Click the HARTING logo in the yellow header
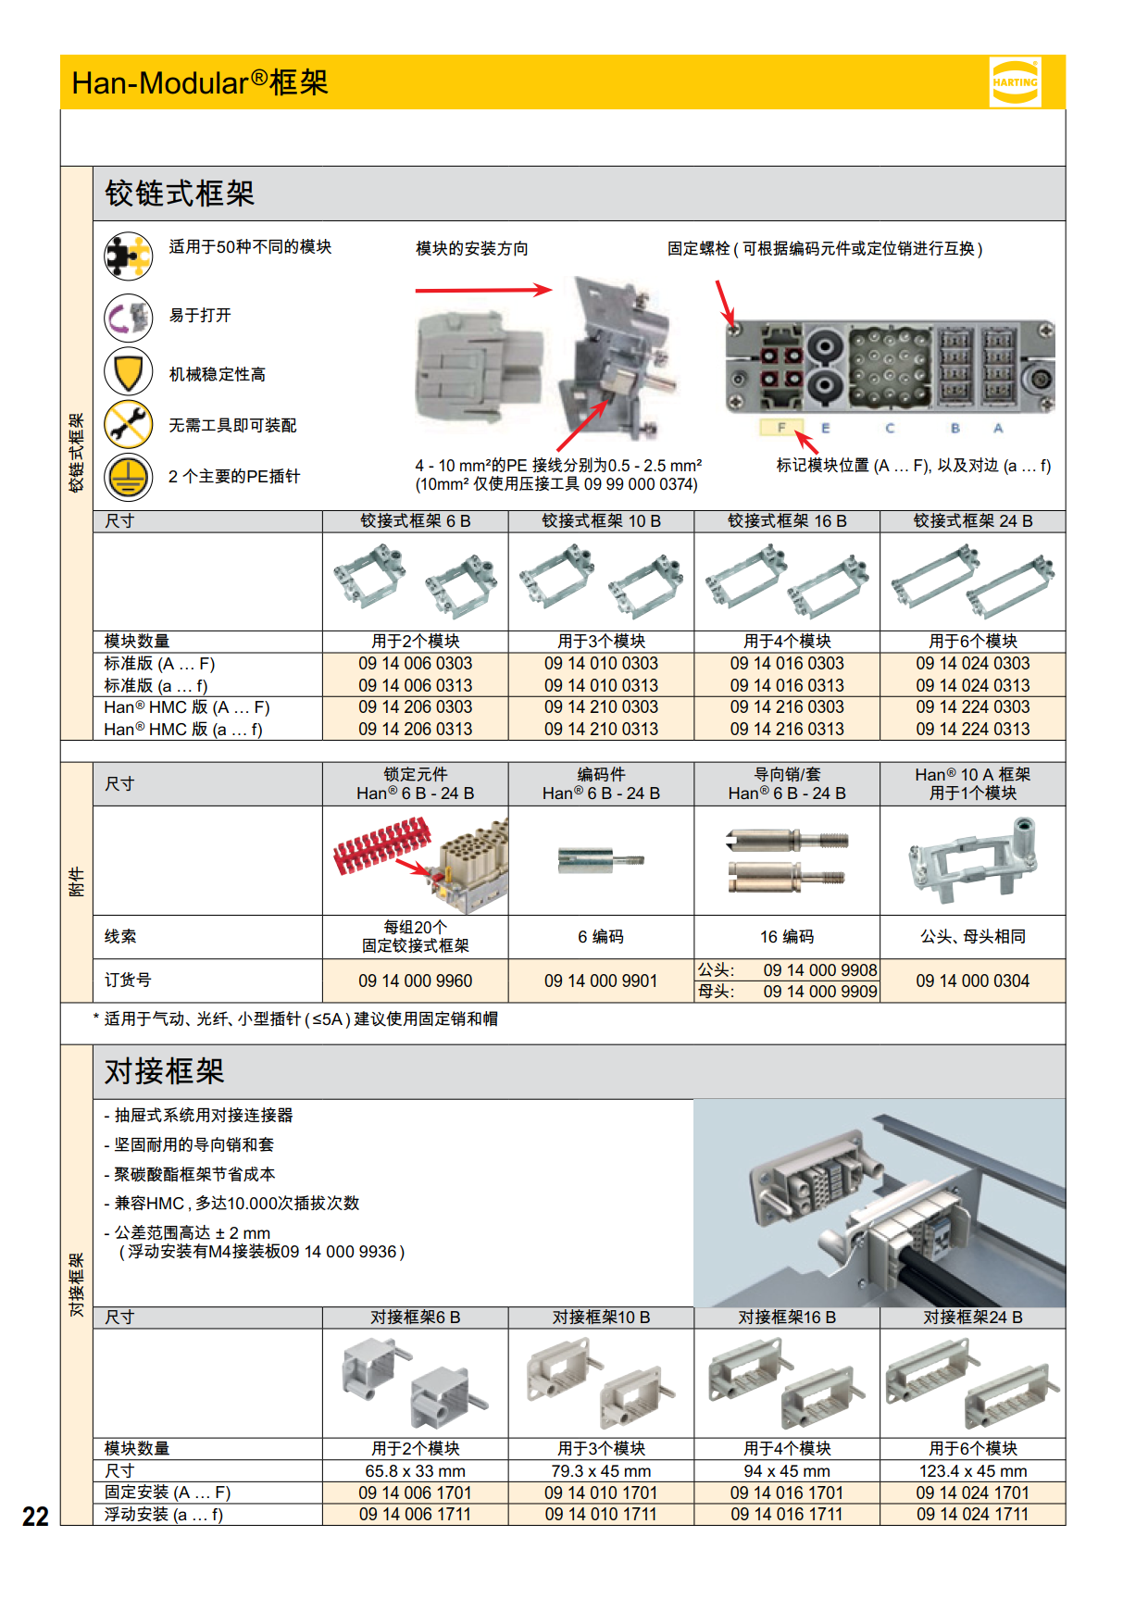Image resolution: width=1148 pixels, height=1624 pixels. click(1015, 82)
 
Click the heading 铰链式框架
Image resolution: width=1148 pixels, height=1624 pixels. click(180, 194)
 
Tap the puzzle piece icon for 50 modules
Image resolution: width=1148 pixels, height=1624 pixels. click(128, 256)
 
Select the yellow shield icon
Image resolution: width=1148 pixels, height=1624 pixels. click(128, 372)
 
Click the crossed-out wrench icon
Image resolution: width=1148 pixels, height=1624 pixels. click(128, 424)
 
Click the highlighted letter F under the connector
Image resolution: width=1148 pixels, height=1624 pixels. click(780, 428)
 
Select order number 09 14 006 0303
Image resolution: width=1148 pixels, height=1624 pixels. click(415, 664)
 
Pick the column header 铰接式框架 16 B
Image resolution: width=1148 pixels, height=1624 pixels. click(787, 521)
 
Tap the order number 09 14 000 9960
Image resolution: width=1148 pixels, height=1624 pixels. click(415, 981)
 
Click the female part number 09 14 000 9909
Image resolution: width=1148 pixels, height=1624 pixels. click(819, 992)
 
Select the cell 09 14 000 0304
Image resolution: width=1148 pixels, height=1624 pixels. click(972, 981)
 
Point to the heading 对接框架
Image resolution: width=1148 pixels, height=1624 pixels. click(164, 1071)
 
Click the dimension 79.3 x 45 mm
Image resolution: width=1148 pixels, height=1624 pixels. click(601, 1471)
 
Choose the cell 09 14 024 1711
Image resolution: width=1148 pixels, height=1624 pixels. click(972, 1515)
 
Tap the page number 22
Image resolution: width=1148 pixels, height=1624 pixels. click(35, 1516)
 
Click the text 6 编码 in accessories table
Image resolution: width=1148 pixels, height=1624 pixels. click(601, 937)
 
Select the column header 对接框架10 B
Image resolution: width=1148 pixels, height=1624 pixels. click(601, 1318)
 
